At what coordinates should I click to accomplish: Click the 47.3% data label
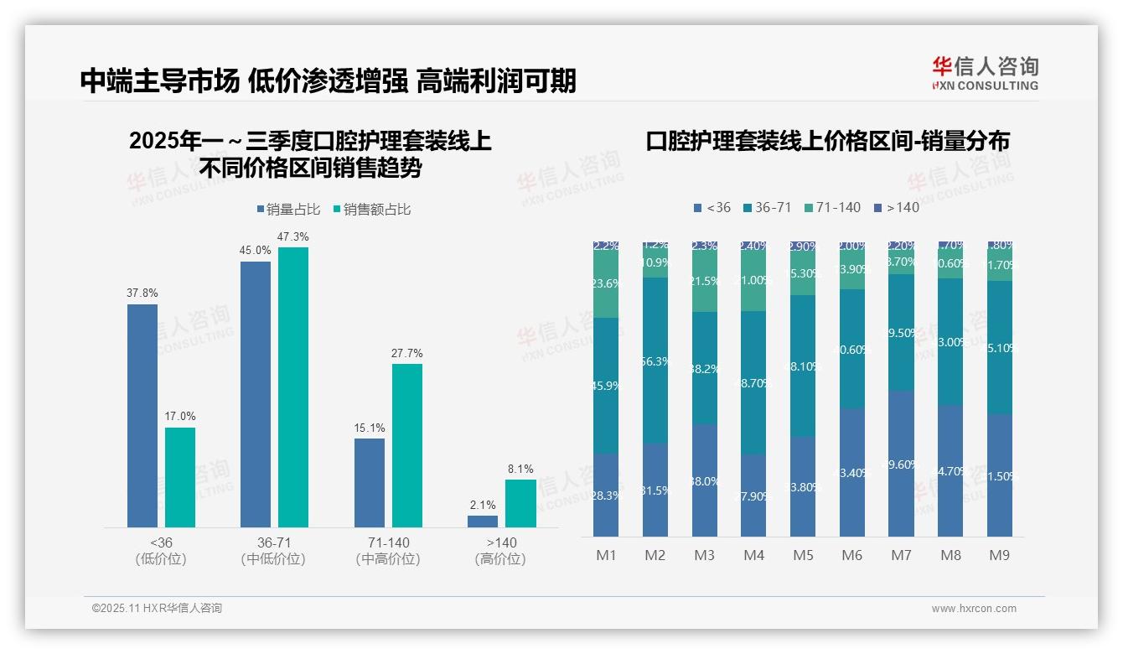click(293, 237)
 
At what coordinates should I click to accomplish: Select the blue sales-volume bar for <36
click(142, 415)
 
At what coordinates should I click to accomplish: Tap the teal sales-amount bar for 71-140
click(406, 444)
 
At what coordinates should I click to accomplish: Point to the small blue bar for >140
click(483, 521)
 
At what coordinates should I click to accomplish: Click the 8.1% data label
click(520, 470)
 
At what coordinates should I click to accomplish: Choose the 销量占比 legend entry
click(287, 210)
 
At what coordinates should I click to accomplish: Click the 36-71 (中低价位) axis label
click(273, 550)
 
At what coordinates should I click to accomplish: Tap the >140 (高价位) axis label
click(500, 550)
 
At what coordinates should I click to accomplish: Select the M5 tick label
click(803, 555)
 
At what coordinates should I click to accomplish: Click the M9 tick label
click(1000, 555)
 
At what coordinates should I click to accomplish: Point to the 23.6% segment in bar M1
click(606, 284)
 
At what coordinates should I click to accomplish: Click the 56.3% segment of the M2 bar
click(655, 361)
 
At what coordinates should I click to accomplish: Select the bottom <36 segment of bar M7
click(901, 464)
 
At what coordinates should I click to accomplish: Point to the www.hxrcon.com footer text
click(974, 609)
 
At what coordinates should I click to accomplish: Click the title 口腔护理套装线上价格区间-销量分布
click(827, 141)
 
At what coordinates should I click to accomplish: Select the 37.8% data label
click(142, 293)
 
